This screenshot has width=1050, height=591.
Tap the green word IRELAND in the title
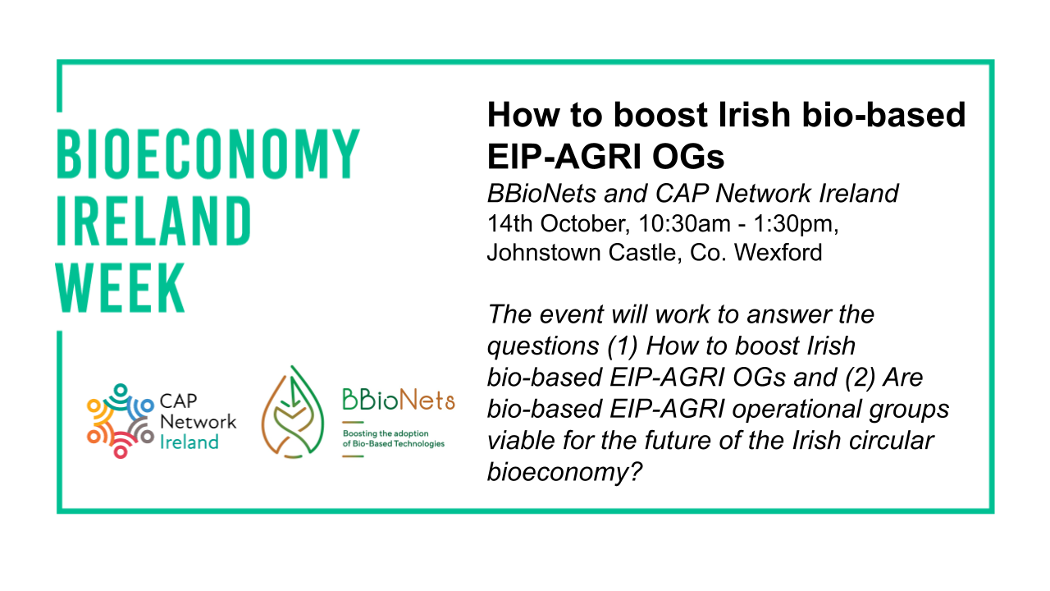153,221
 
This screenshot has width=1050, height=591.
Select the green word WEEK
121,288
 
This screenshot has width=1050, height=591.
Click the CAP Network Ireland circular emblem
121,421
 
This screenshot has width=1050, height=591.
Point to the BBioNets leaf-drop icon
293,412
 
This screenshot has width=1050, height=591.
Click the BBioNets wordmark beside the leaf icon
399,400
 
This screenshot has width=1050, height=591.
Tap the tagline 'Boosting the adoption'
386,433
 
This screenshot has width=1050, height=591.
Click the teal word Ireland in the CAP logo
189,442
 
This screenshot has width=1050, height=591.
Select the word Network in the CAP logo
198,422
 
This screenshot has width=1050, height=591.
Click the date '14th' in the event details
510,223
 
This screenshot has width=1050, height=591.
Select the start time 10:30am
684,224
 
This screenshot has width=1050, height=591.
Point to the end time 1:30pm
796,225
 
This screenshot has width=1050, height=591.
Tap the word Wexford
778,252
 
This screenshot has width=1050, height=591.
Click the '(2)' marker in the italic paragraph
860,378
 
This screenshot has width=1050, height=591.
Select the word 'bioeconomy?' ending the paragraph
564,472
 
